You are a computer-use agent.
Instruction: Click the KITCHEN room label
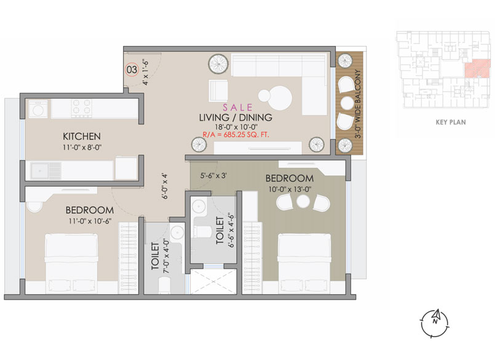point(82,136)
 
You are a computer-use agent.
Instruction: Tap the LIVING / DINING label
point(235,118)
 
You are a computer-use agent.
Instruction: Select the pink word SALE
point(235,106)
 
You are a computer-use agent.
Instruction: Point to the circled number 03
point(132,70)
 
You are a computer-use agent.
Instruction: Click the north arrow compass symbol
point(435,319)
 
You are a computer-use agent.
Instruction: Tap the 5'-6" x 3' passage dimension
point(213,175)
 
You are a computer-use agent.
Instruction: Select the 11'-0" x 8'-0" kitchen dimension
point(82,148)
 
